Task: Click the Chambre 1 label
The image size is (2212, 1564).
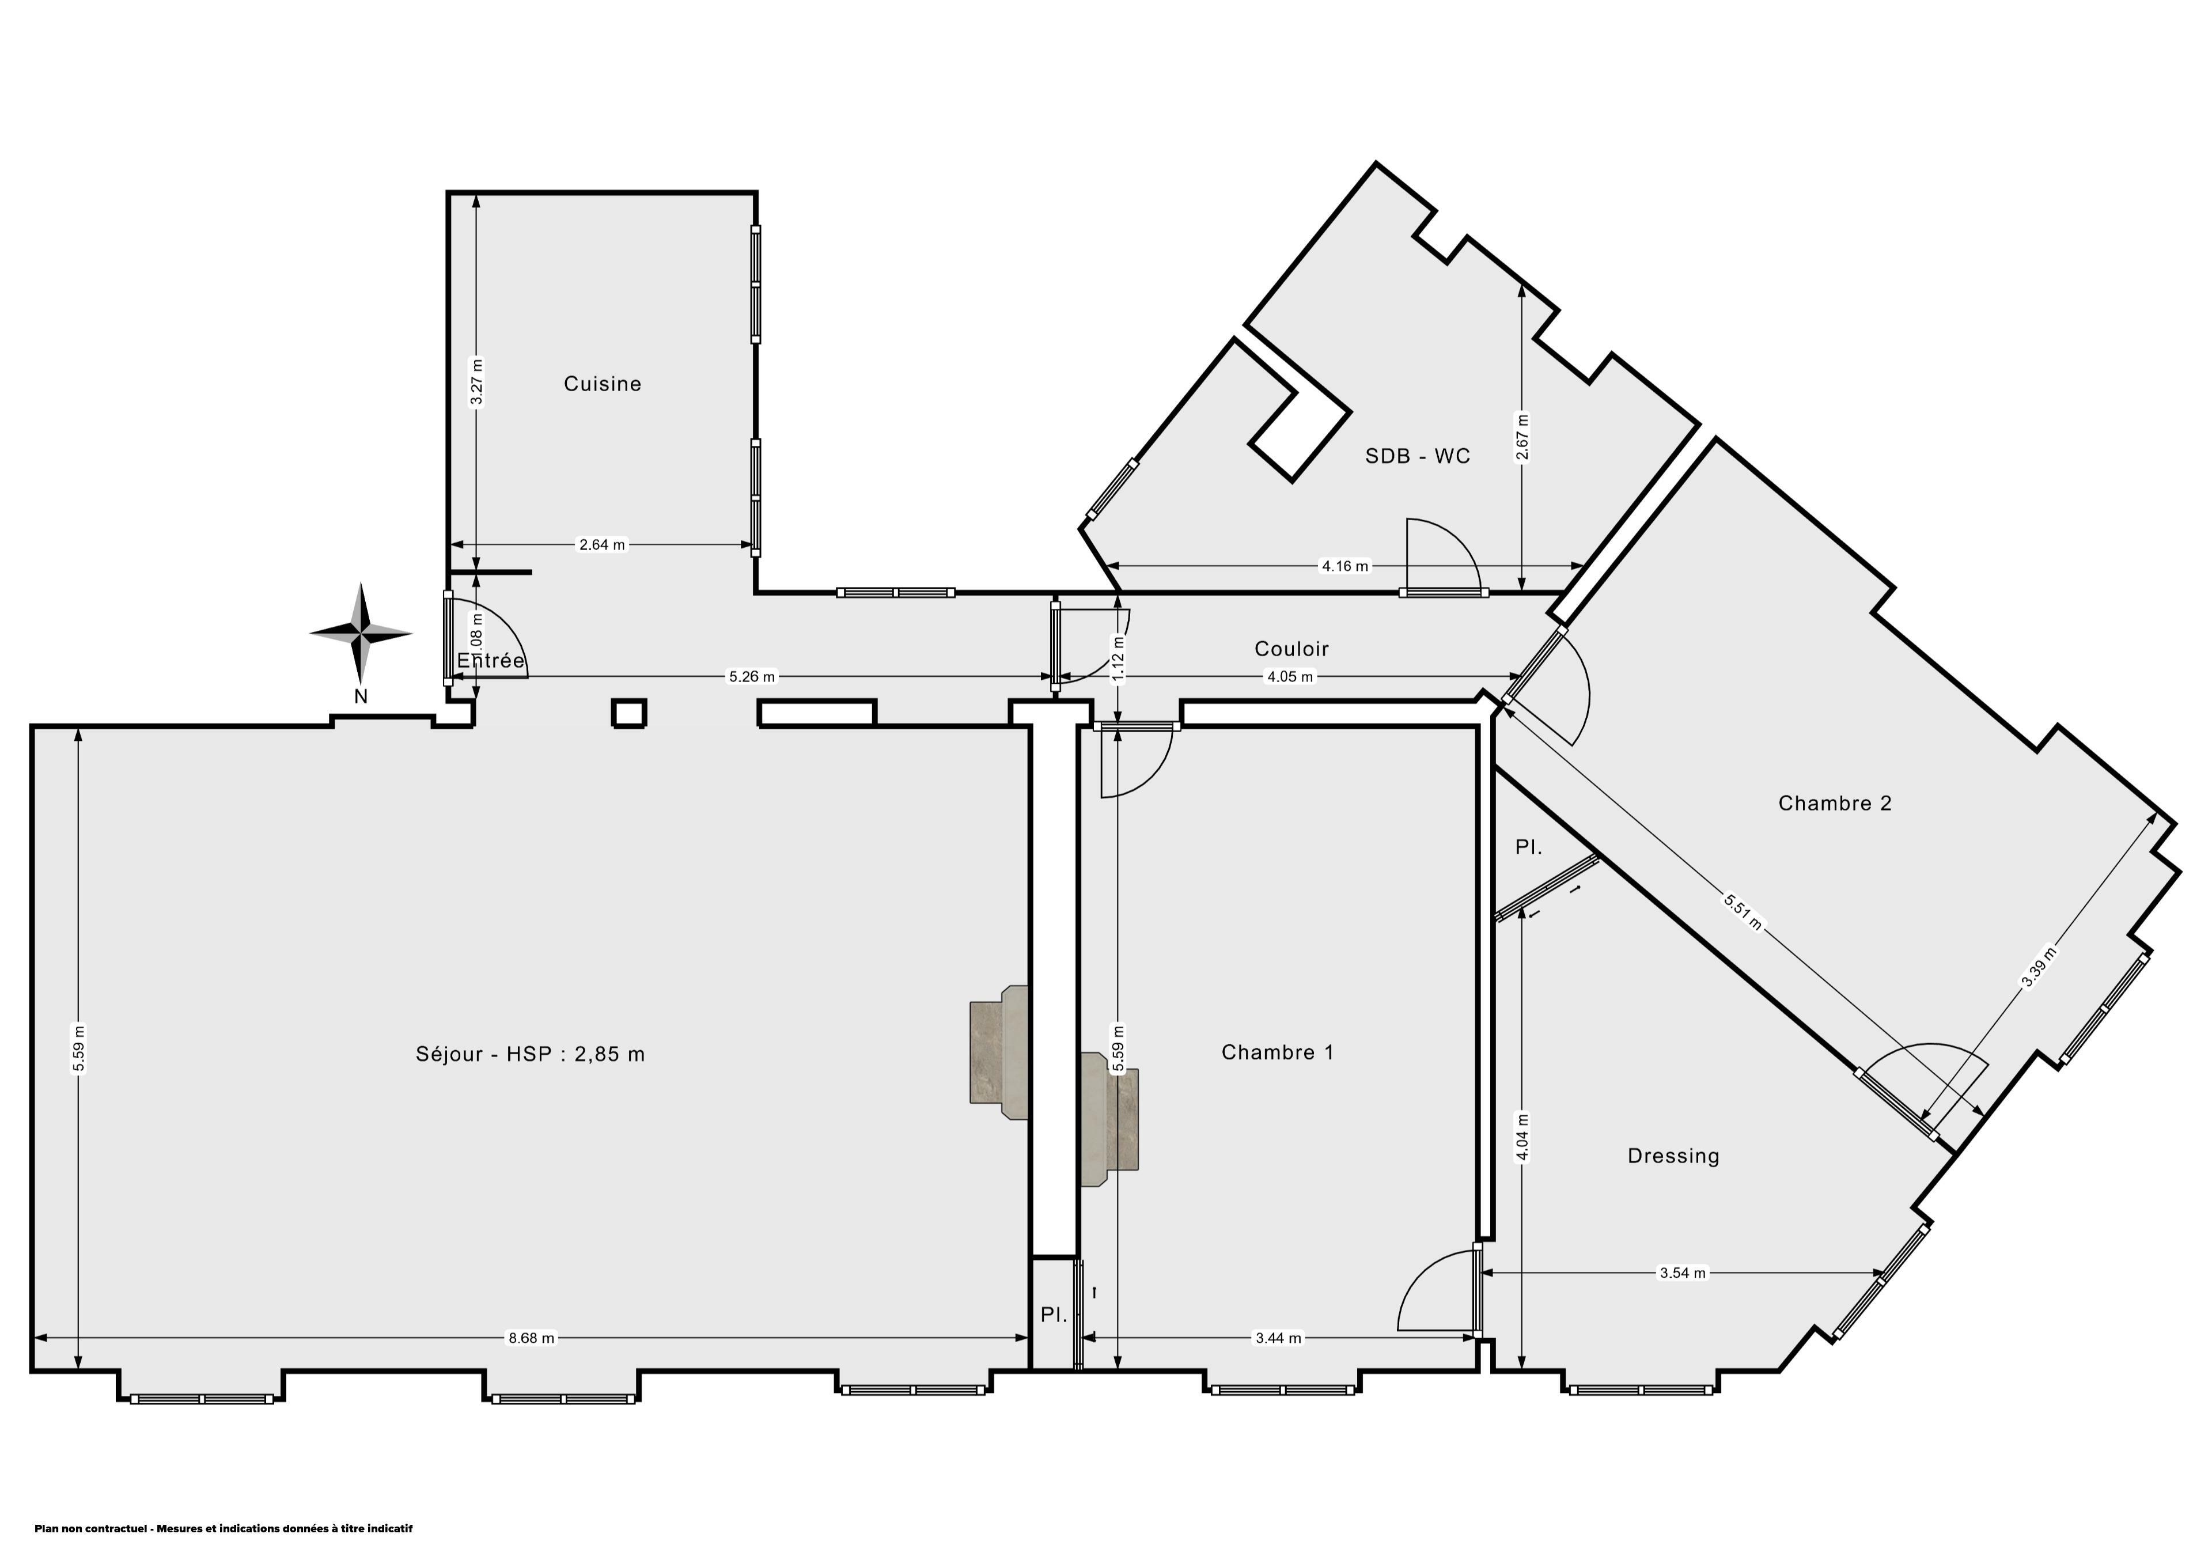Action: coord(1278,1052)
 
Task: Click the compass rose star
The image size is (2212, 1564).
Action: coord(361,633)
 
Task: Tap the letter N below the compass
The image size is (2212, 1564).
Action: coord(361,696)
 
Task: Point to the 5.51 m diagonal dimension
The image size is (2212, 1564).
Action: coord(1743,911)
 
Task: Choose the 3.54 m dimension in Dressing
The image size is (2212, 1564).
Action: coord(1682,1273)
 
